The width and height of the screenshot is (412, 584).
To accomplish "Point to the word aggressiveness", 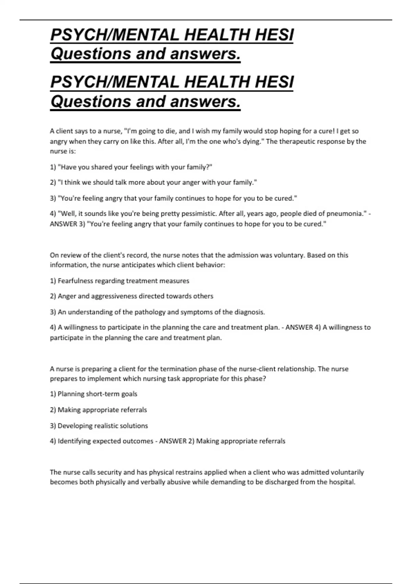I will point(114,296).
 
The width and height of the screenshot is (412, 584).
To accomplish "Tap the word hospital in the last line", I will point(342,482).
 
